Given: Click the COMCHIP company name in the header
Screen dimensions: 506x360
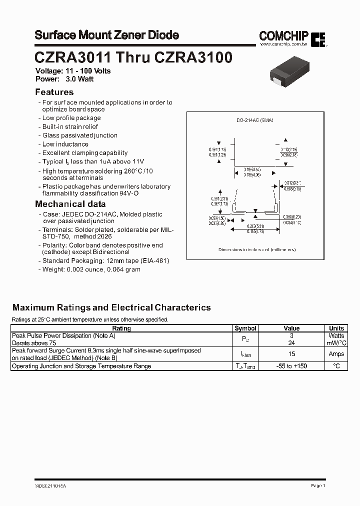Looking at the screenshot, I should [x=284, y=35].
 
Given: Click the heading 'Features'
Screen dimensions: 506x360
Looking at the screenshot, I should [x=54, y=92].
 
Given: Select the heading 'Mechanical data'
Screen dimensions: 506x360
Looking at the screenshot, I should [x=70, y=204].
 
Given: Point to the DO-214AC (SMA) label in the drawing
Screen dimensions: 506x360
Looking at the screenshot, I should [x=254, y=120].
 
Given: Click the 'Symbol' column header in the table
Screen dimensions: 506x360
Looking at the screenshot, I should [x=245, y=328].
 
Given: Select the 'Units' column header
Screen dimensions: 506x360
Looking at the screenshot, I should [x=336, y=328].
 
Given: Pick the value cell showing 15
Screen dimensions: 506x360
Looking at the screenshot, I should [x=291, y=354].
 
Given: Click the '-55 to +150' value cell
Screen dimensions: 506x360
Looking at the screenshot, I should [x=291, y=366].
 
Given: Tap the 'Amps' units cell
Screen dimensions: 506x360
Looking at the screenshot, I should [x=336, y=354].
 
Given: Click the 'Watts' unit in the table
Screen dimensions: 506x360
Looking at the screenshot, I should [x=336, y=336].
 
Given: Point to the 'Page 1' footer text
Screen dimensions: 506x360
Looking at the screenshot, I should [x=318, y=485].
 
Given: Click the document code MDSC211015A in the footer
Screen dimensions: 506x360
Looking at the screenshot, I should [x=50, y=485].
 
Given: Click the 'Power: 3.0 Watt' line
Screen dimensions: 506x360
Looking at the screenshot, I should [x=64, y=79].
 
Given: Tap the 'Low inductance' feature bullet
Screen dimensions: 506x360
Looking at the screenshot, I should [x=65, y=144].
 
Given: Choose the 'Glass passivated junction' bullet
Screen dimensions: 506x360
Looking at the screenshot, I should [x=79, y=135].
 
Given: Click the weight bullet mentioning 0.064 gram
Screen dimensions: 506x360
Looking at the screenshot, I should [x=91, y=269].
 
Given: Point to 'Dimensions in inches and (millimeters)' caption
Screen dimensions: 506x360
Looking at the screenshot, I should [x=257, y=249].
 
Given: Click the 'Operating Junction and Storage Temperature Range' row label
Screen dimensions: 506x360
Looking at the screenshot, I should [x=81, y=366].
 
